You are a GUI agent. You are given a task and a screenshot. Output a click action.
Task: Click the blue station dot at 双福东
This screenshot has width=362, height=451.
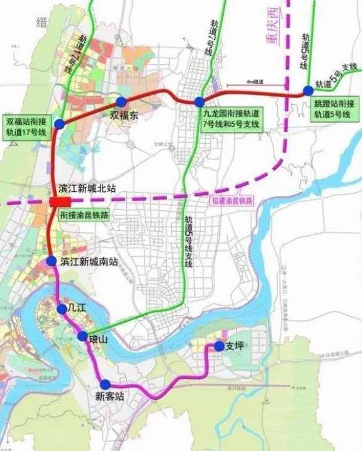click(121, 102)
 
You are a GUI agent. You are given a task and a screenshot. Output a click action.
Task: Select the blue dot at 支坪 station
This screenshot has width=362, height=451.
click(219, 346)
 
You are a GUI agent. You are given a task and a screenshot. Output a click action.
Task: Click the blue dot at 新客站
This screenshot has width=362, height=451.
click(105, 384)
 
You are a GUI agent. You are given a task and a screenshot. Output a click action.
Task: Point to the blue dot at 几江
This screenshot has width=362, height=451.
click(62, 309)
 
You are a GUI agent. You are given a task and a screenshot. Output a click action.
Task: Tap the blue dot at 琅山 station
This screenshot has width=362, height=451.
click(83, 336)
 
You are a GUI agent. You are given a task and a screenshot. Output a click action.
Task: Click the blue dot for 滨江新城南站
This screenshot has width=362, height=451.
click(51, 261)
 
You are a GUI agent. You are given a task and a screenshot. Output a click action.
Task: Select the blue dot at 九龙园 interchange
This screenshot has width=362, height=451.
click(199, 102)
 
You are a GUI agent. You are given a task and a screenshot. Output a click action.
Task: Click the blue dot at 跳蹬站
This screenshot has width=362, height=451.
click(308, 91)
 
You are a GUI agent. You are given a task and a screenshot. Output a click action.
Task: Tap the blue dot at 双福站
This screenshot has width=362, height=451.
click(59, 123)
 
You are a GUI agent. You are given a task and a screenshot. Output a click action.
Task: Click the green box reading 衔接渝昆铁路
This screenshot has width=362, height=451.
click(84, 214)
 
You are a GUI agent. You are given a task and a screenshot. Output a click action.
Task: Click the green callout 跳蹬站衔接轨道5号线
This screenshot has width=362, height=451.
click(336, 110)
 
